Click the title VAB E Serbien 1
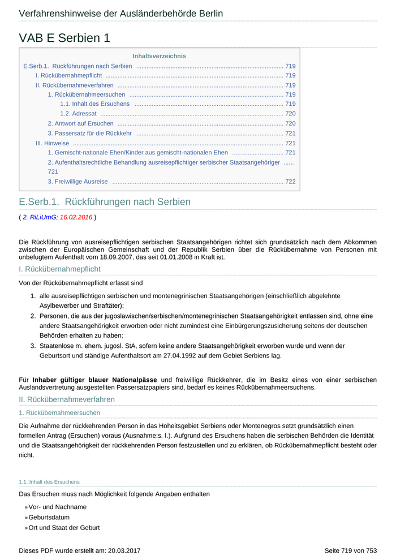click(x=64, y=38)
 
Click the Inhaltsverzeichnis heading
click(x=159, y=56)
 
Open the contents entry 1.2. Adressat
click(x=78, y=114)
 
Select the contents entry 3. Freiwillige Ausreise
click(x=78, y=182)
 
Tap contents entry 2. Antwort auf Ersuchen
click(x=80, y=123)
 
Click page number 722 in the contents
click(x=290, y=182)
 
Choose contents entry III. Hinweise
click(x=52, y=143)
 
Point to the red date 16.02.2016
click(x=76, y=217)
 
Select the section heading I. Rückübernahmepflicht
click(x=59, y=269)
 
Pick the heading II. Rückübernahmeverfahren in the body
click(x=67, y=399)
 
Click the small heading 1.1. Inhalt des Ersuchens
click(x=49, y=482)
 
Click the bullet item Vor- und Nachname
click(x=58, y=507)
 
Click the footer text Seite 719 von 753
click(x=350, y=550)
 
